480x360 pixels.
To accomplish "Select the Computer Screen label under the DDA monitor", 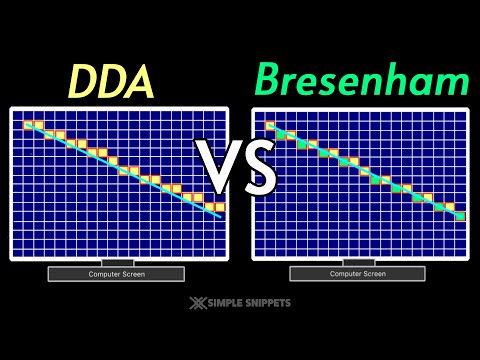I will tap(116, 273).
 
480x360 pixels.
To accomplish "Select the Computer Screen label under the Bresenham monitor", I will tap(358, 273).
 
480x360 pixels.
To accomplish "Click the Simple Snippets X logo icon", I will tap(195, 302).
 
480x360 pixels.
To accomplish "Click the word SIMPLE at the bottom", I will tap(223, 302).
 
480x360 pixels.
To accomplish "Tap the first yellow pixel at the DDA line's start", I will tap(29, 125).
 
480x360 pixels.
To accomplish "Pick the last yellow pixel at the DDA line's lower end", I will tap(220, 207).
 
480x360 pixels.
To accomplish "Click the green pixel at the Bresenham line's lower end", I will tap(461, 216).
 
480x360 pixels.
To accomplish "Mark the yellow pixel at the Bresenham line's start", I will tap(270, 125).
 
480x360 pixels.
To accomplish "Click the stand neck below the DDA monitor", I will tap(116, 262).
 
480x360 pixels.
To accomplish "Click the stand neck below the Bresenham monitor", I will tap(358, 262).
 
